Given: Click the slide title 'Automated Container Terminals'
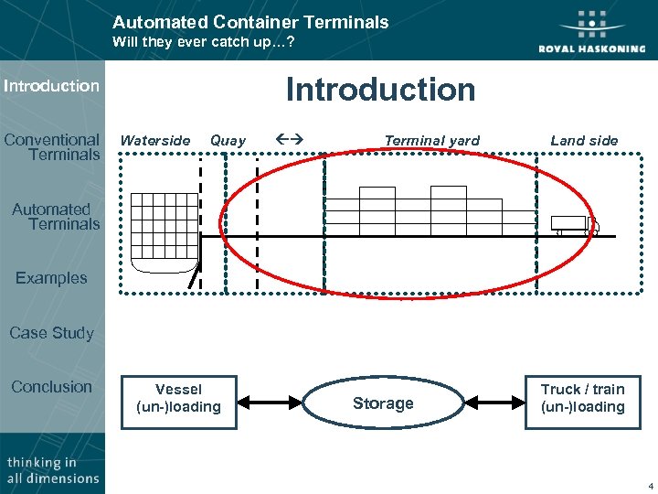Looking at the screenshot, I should (250, 22).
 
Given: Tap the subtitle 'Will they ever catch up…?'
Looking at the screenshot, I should (203, 42).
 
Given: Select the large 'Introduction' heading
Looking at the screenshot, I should (380, 90).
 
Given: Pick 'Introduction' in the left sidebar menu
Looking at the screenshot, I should (51, 86).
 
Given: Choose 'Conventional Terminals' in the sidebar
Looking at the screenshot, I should (52, 147).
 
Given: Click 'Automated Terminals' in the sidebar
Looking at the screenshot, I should (55, 217).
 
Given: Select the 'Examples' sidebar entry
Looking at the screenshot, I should (51, 278).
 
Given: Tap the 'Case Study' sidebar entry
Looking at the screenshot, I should (51, 333).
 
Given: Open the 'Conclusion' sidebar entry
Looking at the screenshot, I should (51, 387).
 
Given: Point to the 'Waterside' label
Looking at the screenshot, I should (155, 141).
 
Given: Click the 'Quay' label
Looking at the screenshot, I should (228, 141).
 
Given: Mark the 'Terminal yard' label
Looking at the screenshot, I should (431, 141).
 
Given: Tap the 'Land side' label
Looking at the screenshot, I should (584, 141).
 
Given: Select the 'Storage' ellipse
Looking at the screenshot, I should (383, 403).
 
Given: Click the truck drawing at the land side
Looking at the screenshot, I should (574, 225).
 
